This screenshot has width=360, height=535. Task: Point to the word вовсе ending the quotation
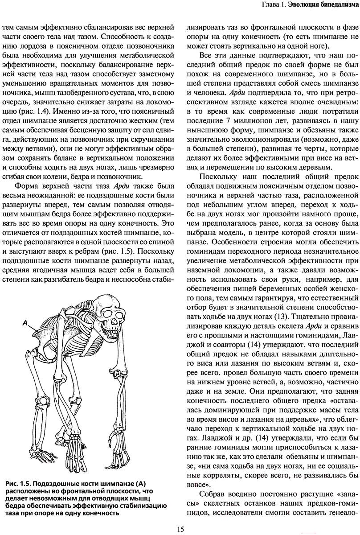click(197, 471)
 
